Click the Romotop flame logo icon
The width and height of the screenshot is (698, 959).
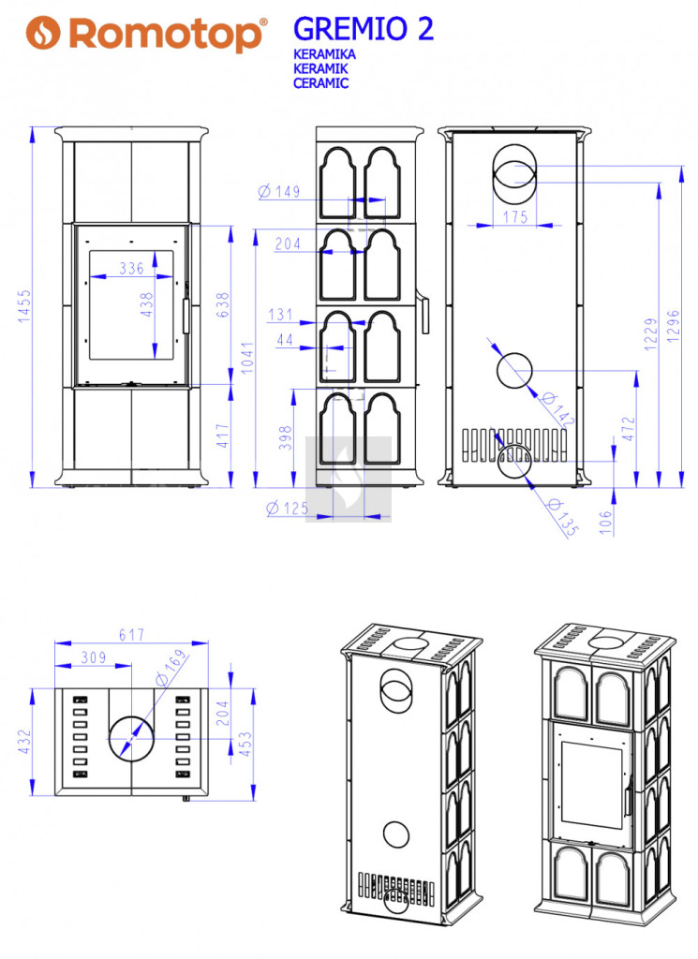(43, 32)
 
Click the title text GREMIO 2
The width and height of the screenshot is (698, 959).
(364, 29)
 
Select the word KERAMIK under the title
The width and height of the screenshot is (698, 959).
(319, 68)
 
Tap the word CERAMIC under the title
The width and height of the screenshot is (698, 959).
(320, 83)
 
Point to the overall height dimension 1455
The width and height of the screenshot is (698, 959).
(23, 306)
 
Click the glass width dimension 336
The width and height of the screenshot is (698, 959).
(131, 268)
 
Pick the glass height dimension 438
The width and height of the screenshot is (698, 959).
(146, 304)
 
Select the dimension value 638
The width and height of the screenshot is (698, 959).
(223, 304)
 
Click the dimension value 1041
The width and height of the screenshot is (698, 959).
(246, 358)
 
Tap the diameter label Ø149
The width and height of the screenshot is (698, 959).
(279, 191)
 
